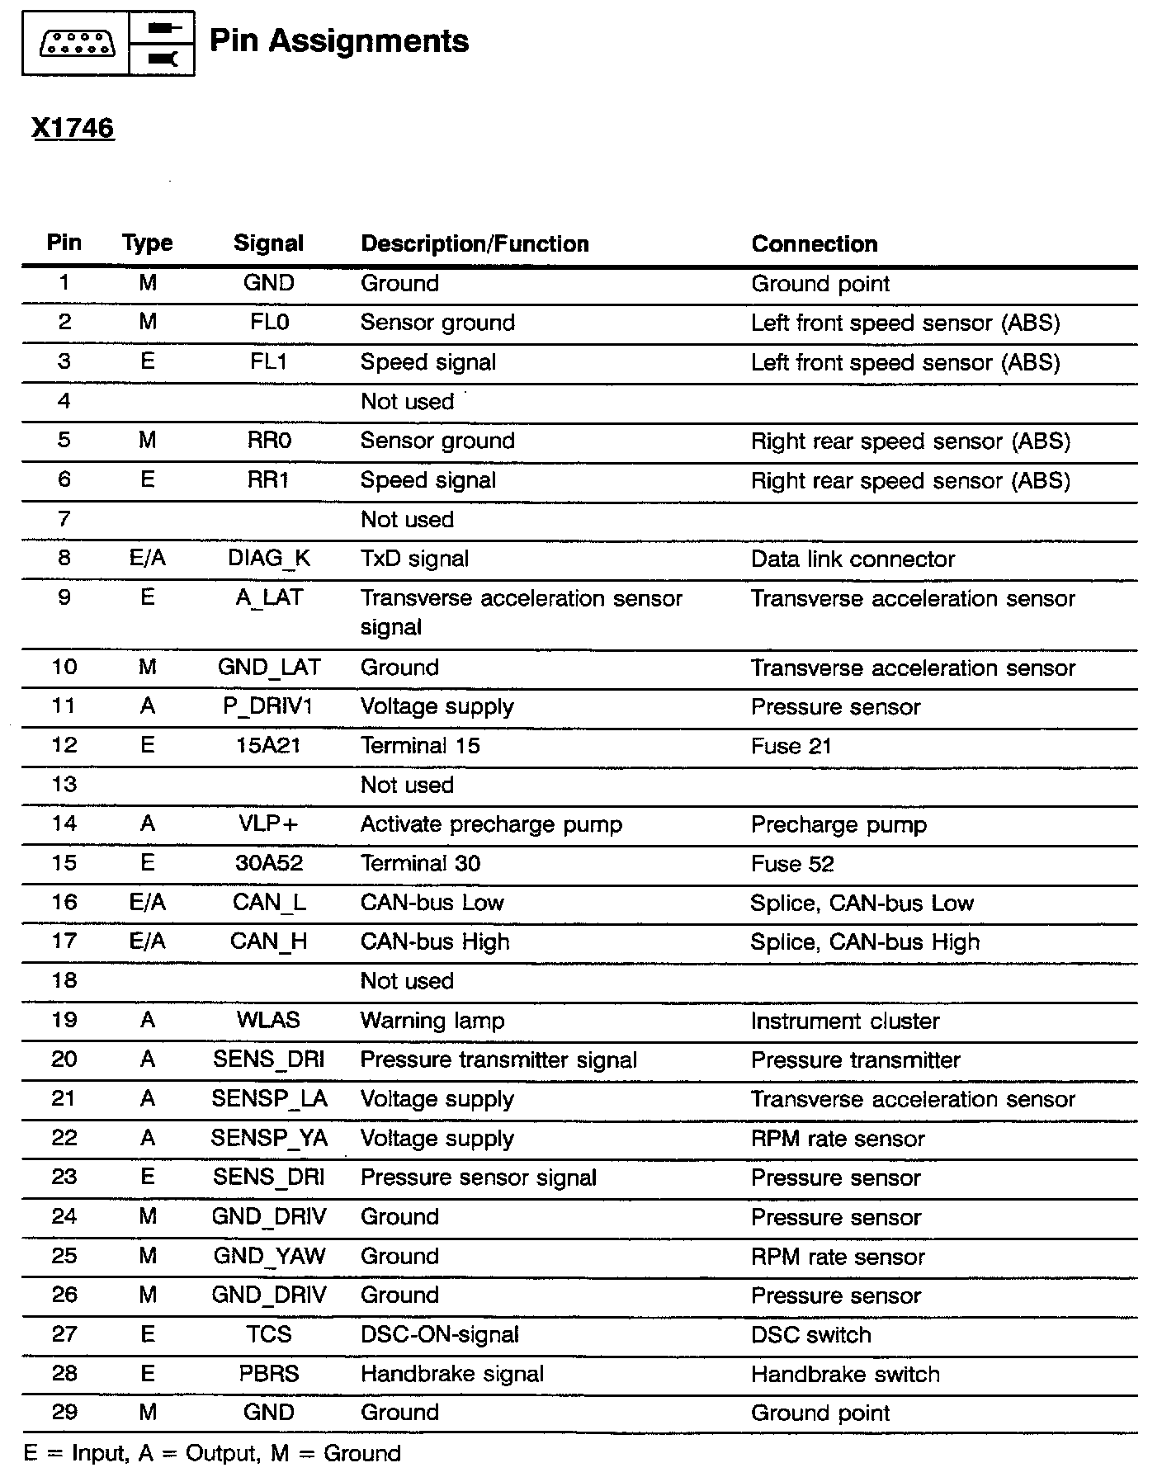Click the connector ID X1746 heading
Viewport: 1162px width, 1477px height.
(73, 128)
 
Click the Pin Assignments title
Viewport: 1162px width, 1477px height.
(338, 40)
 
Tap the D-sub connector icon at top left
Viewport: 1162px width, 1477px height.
(77, 43)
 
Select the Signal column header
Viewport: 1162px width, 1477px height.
(268, 243)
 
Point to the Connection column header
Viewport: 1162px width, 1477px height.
(814, 243)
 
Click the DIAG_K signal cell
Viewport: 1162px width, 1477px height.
(269, 559)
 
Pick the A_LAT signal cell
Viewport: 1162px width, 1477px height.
(269, 597)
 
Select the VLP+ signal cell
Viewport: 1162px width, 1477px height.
(269, 824)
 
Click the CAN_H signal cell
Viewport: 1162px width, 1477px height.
(269, 941)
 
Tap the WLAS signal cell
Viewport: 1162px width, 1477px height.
(269, 1021)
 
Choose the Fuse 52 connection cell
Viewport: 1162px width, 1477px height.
(792, 864)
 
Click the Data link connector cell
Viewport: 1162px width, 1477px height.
(853, 559)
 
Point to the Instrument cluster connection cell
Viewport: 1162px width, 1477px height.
(845, 1022)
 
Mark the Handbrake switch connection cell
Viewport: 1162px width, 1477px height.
(845, 1375)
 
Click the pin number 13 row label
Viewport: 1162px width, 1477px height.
(64, 785)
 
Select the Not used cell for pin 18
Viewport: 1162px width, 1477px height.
(407, 981)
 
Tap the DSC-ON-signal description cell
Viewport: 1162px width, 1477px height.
(440, 1335)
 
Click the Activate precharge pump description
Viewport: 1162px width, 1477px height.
(491, 824)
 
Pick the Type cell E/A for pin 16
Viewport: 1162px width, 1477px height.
(148, 903)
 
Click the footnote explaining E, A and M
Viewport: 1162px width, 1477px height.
(212, 1453)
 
